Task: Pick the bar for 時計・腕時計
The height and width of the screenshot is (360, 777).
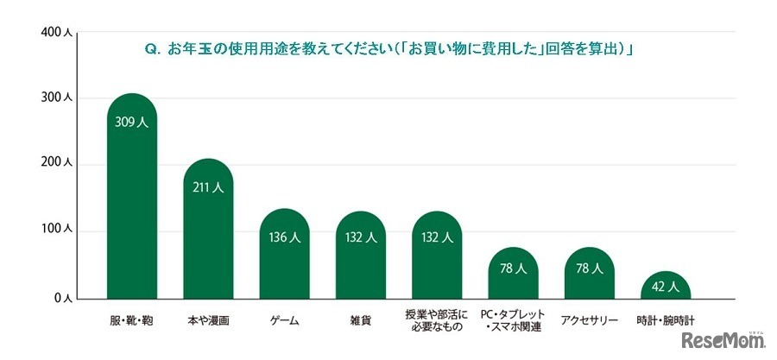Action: pos(666,287)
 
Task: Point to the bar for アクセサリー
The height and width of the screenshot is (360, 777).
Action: pos(590,276)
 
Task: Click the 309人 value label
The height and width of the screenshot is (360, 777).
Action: pos(131,123)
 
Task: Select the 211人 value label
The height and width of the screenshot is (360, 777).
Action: pos(207,187)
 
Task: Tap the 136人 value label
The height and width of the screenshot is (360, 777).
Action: pos(284,237)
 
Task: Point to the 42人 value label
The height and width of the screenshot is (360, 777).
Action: pos(666,286)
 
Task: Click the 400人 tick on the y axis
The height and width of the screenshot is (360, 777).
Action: pos(59,33)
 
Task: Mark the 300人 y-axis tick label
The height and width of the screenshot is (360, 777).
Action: pos(59,98)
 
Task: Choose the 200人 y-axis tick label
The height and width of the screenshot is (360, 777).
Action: pos(59,164)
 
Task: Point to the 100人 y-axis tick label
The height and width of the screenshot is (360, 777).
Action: pos(59,231)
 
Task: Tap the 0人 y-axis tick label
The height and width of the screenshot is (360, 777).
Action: pos(64,297)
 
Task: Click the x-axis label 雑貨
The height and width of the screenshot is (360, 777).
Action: pos(361,321)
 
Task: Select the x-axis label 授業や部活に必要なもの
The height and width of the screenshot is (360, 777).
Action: pos(437,320)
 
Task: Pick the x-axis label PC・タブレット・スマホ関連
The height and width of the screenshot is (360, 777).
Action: pos(514,320)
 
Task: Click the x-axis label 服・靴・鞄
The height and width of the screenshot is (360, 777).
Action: pos(131,321)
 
